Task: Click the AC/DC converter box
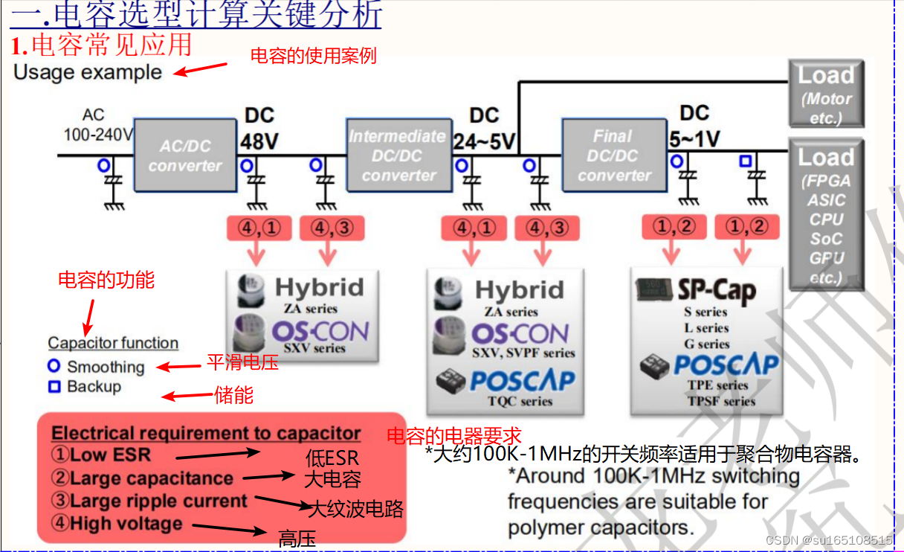click(185, 155)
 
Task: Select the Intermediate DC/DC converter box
click(399, 155)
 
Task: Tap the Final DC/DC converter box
click(614, 155)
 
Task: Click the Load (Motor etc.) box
click(827, 94)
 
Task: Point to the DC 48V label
click(259, 129)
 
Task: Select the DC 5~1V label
click(694, 126)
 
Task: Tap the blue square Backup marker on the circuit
click(745, 161)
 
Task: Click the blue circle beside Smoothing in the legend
click(54, 366)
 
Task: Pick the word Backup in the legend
click(94, 386)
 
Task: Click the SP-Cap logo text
click(717, 290)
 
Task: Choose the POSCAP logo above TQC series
click(523, 380)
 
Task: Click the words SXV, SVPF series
click(523, 353)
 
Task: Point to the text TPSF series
click(722, 401)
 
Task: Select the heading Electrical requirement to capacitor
click(206, 433)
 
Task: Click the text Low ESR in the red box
click(110, 455)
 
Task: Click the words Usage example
click(88, 73)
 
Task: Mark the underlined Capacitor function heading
click(113, 343)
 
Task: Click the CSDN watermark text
click(828, 540)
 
